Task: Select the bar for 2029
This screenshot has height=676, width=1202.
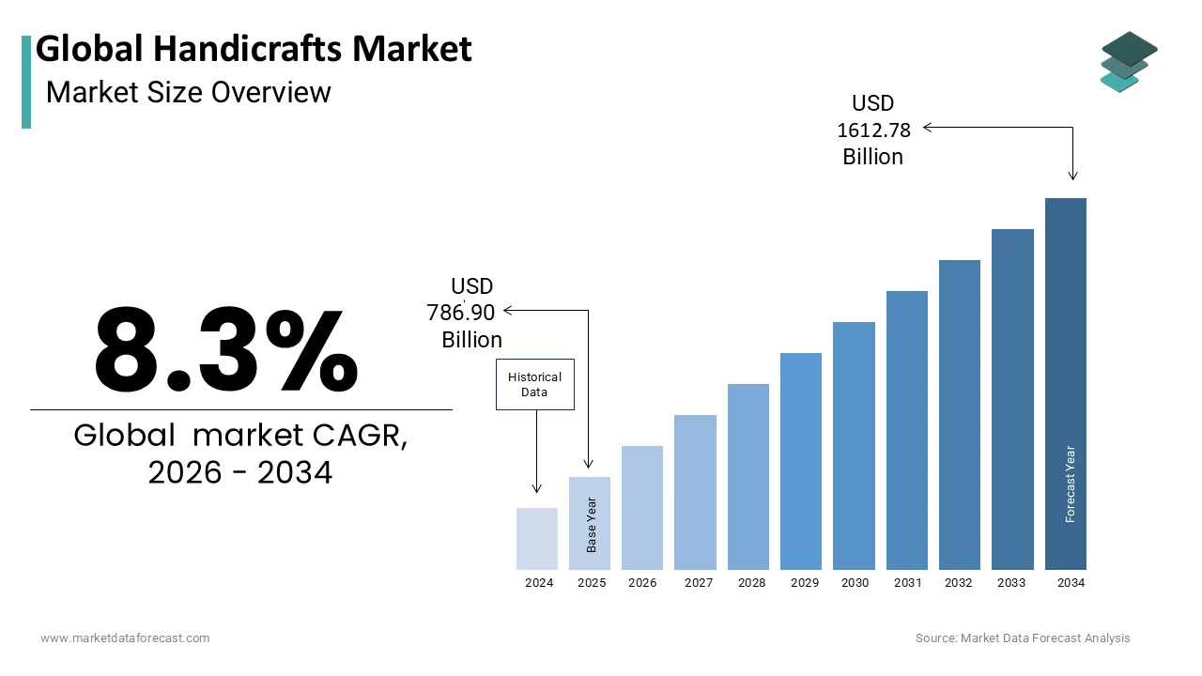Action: (801, 461)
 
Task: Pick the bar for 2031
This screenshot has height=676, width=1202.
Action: (906, 430)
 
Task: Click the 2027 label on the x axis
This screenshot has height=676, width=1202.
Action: (699, 583)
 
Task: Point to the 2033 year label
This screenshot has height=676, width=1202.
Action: (1011, 583)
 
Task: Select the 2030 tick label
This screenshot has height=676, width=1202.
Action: (855, 583)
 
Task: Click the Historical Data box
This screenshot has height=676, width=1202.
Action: (534, 384)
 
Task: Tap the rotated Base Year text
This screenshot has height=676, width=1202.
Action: (592, 525)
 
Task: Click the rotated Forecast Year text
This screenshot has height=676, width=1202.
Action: (1071, 484)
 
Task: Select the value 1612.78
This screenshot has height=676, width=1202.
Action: (873, 131)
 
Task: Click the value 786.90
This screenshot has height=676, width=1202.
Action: (461, 313)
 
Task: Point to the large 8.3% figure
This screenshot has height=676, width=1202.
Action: (226, 351)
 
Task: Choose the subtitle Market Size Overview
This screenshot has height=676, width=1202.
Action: (188, 92)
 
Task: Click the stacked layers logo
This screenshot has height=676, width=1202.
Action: (1129, 62)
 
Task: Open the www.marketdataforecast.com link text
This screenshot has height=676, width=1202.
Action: (125, 638)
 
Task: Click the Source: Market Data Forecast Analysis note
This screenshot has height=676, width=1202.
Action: (1023, 638)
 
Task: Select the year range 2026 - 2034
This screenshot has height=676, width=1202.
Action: (240, 473)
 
